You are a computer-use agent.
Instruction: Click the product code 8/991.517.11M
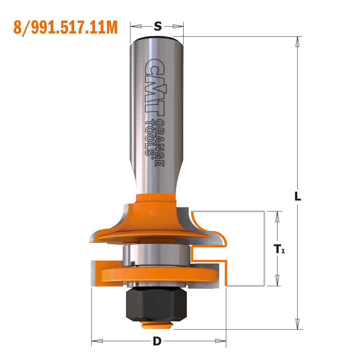click(66, 27)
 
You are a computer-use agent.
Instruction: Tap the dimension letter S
click(157, 26)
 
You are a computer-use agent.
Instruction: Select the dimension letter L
click(297, 197)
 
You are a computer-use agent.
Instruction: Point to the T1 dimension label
click(279, 249)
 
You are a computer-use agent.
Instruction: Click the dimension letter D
click(157, 341)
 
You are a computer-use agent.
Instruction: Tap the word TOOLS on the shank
click(149, 137)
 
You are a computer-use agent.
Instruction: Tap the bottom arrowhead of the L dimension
click(297, 323)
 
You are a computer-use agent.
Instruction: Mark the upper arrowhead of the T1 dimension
click(277, 216)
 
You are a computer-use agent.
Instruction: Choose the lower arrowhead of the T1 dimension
click(277, 280)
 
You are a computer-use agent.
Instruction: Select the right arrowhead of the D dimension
click(220, 341)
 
